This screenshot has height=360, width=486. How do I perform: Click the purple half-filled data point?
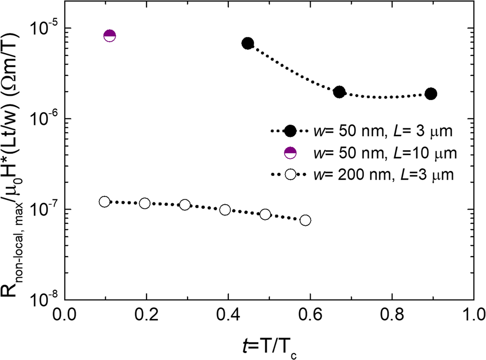click(110, 36)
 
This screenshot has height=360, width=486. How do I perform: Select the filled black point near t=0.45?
click(248, 43)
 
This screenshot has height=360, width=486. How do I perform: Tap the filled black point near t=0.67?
click(339, 92)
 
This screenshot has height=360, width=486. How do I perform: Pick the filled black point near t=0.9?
click(431, 94)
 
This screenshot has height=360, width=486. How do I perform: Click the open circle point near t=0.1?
click(104, 202)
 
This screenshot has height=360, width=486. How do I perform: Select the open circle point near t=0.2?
click(145, 203)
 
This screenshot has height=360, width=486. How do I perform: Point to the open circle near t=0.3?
click(185, 205)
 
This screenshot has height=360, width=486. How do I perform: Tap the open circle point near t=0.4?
click(225, 210)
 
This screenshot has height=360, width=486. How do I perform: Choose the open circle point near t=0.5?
click(265, 214)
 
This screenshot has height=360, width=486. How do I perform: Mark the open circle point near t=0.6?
click(305, 220)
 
